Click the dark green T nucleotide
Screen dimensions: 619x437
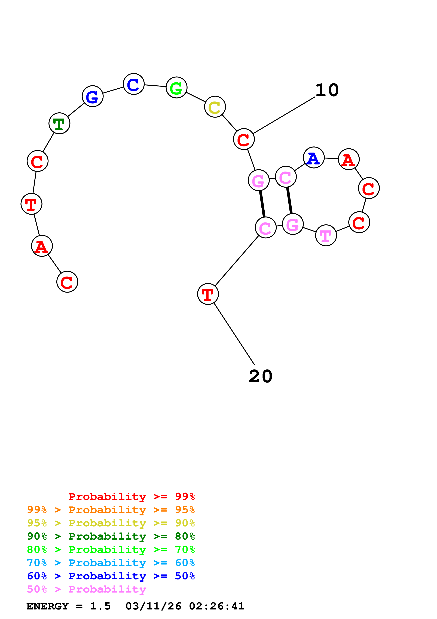pos(59,124)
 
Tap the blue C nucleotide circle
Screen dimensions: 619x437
pos(134,84)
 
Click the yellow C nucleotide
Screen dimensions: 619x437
pos(215,107)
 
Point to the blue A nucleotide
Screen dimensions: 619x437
pos(313,158)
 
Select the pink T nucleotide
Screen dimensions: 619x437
pos(326,235)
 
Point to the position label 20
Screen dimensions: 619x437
pos(260,376)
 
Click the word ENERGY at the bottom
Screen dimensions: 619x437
pos(47,606)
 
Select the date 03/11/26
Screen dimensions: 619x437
pos(153,606)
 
